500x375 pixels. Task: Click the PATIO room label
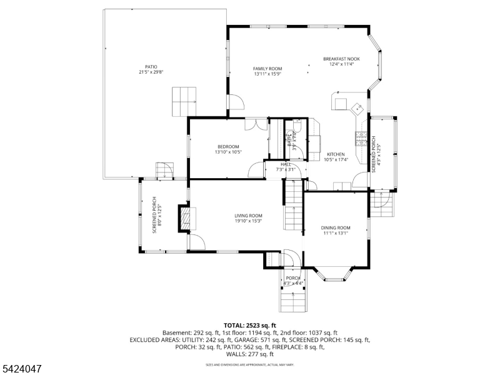point(151,67)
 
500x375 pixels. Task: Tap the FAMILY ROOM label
point(267,69)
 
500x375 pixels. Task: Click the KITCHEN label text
point(336,154)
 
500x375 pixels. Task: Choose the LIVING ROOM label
point(248,216)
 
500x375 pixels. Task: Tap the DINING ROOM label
point(336,228)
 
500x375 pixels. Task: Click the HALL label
point(286,164)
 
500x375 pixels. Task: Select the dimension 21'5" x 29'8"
point(151,72)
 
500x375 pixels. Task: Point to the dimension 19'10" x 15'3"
point(248,221)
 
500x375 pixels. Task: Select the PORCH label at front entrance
point(292,278)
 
